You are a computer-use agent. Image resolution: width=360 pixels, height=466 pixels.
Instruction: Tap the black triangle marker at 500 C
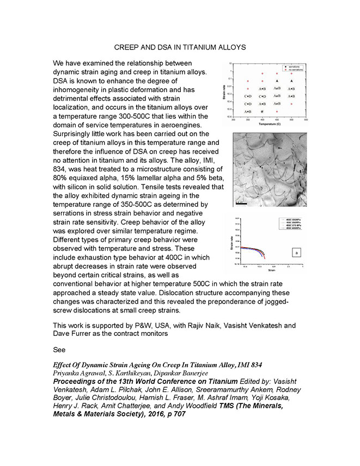[291, 81]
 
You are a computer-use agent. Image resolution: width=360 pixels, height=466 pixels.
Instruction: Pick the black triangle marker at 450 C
[277, 81]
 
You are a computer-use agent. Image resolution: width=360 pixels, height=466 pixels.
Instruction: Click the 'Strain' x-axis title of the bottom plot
[271, 271]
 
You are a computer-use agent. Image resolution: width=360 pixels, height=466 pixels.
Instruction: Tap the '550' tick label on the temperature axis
[306, 120]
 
